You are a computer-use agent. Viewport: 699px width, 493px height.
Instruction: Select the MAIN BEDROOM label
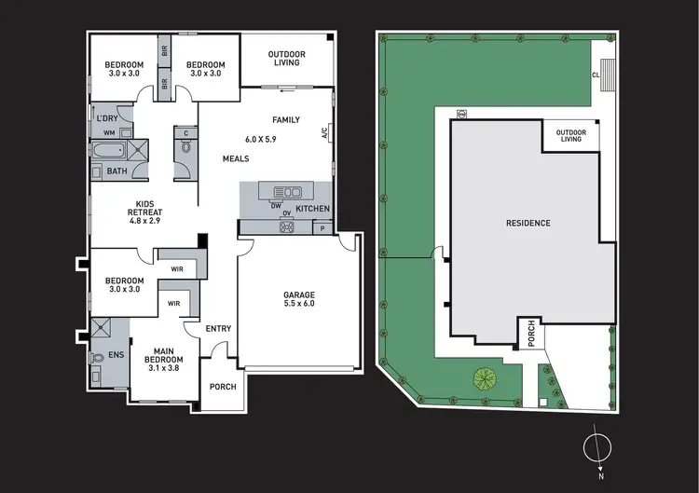click(x=163, y=359)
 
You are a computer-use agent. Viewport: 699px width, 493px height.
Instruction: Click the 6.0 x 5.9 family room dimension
click(x=262, y=139)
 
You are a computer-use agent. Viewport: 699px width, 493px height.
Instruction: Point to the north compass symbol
click(x=595, y=448)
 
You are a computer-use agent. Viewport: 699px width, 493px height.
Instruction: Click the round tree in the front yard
click(x=484, y=378)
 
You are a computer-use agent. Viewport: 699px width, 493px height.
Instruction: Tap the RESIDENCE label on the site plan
click(x=528, y=223)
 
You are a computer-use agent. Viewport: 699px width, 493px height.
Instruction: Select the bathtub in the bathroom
click(x=107, y=152)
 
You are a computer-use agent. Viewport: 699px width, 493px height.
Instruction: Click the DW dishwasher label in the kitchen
click(x=277, y=206)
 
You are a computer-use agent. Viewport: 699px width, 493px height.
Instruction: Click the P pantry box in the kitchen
click(x=322, y=227)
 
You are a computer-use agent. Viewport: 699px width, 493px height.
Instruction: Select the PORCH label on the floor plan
click(x=223, y=387)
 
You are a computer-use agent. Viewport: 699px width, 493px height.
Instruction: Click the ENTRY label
click(x=219, y=328)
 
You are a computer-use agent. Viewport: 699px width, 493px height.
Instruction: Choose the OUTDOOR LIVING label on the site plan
click(x=570, y=136)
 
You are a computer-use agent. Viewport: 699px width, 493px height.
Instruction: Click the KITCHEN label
click(x=312, y=208)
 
